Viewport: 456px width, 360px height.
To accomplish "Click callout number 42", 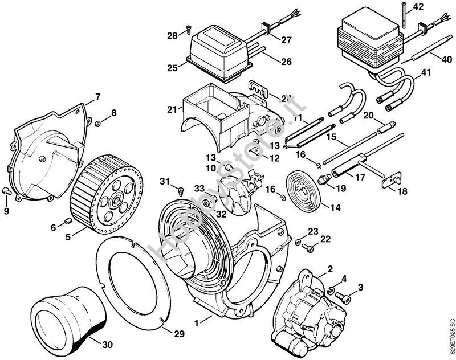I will [x=418, y=7].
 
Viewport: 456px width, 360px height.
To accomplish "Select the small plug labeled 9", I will [x=99, y=122].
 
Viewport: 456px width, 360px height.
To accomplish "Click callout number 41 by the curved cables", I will [x=426, y=73].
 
